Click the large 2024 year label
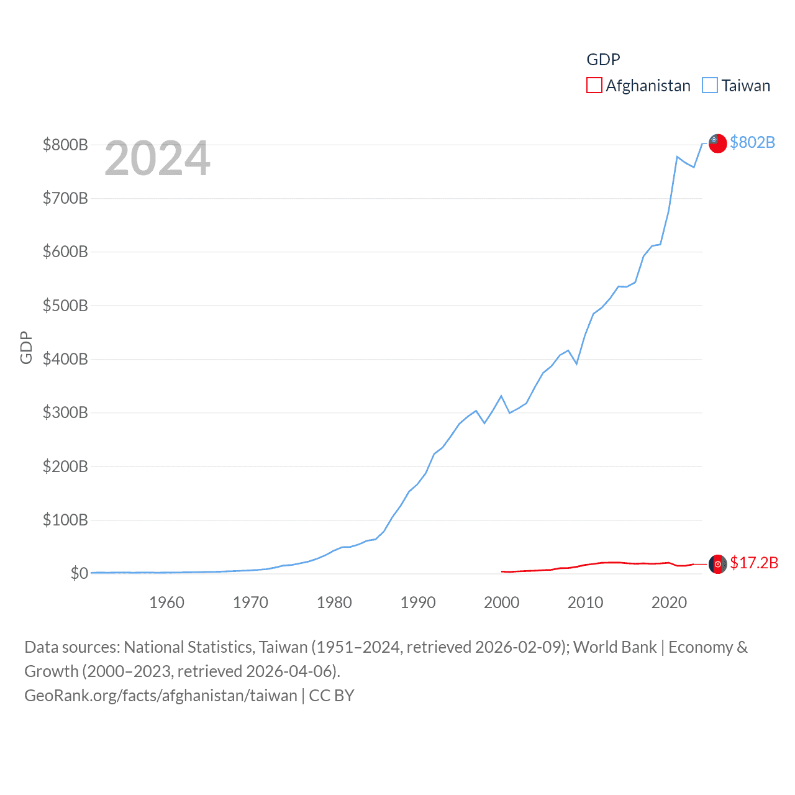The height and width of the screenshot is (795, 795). [157, 158]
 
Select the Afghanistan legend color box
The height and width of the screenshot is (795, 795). [594, 85]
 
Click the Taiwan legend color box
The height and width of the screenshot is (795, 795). [709, 85]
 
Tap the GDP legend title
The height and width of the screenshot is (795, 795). [603, 60]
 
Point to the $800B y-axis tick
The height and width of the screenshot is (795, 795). [65, 145]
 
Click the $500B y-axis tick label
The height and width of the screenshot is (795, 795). [65, 306]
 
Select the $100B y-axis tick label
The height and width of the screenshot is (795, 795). [65, 520]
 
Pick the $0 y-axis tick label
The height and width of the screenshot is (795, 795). [79, 573]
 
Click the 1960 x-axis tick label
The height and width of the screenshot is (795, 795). [166, 602]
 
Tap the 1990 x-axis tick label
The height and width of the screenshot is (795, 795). [418, 602]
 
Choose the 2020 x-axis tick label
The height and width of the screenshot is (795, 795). [669, 602]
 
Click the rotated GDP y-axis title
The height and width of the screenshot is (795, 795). [26, 348]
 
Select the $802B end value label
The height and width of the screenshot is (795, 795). [752, 142]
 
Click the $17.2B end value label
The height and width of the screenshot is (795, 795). [754, 563]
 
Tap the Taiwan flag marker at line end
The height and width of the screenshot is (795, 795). [717, 143]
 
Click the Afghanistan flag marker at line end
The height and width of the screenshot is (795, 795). [717, 564]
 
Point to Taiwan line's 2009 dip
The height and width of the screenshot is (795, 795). [577, 363]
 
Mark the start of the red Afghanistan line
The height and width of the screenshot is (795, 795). [502, 571]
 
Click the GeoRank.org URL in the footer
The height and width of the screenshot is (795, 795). [160, 696]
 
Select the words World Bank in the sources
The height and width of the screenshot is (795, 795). [615, 647]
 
